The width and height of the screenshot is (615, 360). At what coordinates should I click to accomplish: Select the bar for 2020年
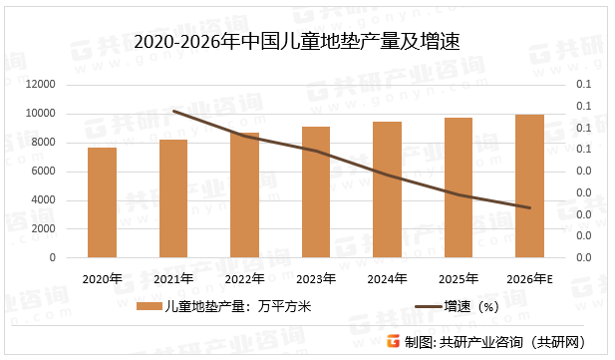coord(102,202)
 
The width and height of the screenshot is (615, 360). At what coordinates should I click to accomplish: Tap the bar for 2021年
coord(173,198)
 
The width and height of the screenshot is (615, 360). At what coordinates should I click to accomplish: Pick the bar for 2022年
coord(244,194)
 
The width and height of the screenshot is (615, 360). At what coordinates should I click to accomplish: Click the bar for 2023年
coord(316,191)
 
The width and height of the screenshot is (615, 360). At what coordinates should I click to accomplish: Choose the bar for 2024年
coord(388,189)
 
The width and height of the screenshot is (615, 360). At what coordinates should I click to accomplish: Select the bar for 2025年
coord(459,187)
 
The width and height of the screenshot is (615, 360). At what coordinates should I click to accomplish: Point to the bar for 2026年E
coord(530,185)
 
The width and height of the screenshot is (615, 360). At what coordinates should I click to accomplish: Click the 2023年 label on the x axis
coord(316,279)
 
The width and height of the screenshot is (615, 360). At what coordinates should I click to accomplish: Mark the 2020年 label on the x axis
coord(102,279)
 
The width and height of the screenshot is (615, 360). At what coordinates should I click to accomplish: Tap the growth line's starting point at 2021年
coord(173,111)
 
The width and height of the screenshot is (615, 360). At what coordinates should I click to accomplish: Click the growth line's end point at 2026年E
coord(530,208)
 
